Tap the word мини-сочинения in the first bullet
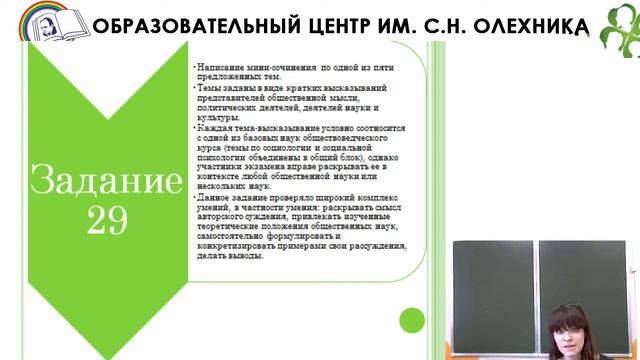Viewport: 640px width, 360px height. point(277,66)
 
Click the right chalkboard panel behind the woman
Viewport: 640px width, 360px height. point(584,275)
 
